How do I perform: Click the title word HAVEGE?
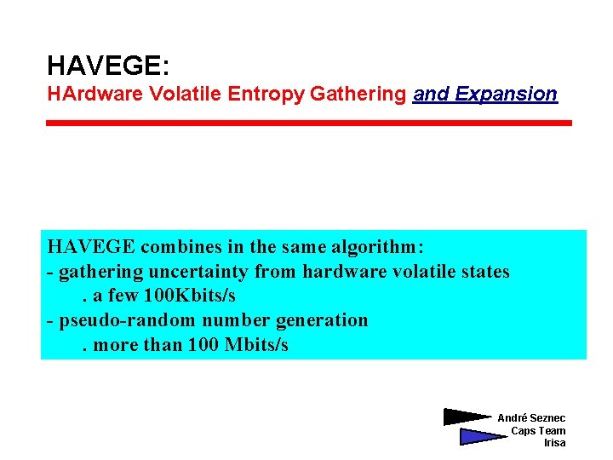(x=108, y=65)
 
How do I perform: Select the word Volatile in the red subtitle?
(x=177, y=94)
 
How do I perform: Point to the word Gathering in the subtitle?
(x=358, y=94)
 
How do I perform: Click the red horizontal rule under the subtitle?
(x=308, y=124)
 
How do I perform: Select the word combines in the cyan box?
(x=180, y=247)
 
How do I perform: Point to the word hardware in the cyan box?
(x=341, y=272)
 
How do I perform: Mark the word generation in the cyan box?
(x=320, y=320)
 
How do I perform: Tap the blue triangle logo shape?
(x=479, y=436)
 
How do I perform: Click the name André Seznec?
(x=531, y=417)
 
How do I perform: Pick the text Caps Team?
(x=538, y=430)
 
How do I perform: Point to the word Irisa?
(x=554, y=443)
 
